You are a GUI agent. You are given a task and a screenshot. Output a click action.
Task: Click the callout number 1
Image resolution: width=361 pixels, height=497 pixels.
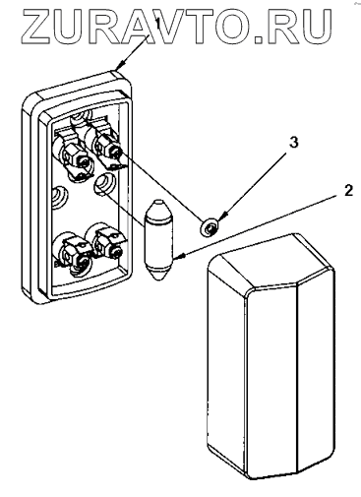click(x=157, y=24)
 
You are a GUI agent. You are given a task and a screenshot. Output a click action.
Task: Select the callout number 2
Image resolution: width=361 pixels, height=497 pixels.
click(x=348, y=191)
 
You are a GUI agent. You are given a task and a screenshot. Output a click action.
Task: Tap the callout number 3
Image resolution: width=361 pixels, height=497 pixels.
click(x=294, y=143)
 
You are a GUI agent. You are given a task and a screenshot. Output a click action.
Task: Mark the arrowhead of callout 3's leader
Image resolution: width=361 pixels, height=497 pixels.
click(x=220, y=218)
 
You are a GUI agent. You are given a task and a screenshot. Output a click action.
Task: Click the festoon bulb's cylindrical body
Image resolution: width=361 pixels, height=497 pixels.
click(x=158, y=239)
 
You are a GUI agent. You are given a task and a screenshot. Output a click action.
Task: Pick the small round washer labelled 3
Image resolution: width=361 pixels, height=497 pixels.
click(x=210, y=227)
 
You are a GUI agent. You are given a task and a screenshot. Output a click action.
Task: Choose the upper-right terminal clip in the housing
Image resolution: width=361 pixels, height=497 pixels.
click(x=106, y=147)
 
